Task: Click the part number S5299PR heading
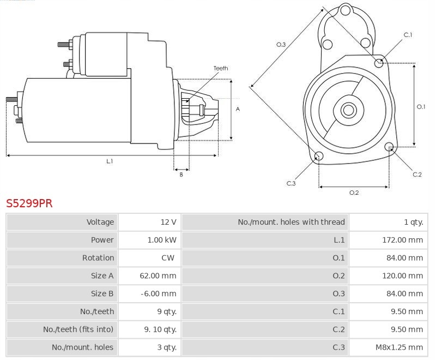(29, 203)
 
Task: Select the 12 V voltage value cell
(168, 222)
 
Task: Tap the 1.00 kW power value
(162, 240)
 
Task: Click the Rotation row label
(98, 258)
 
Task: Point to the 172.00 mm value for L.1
(402, 240)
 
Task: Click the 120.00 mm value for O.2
(402, 276)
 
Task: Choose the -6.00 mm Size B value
(159, 293)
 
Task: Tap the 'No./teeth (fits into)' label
(78, 329)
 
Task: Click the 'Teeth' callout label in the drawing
(221, 68)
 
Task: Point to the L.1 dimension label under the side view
(110, 161)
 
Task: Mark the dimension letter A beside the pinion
(238, 109)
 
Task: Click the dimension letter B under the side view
(181, 175)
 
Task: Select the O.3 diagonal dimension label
(281, 44)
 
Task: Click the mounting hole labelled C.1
(379, 63)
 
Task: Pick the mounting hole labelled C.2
(389, 147)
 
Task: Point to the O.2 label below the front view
(354, 193)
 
